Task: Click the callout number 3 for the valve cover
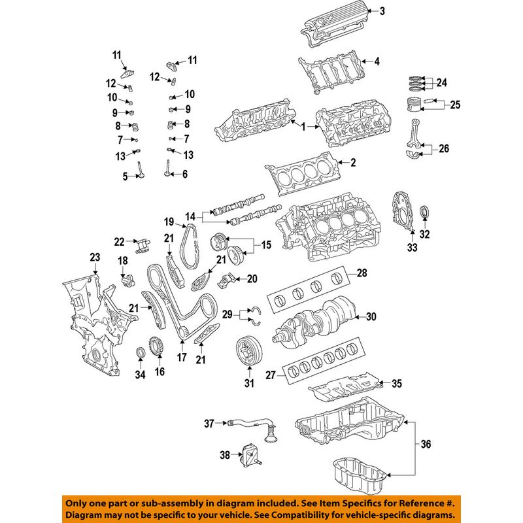click(382, 10)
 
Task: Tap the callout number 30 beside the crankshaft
click(371, 317)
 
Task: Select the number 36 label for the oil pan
click(426, 445)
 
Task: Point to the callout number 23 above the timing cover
click(94, 257)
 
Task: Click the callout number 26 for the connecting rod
click(444, 148)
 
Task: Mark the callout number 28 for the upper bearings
click(362, 272)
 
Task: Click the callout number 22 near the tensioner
click(119, 242)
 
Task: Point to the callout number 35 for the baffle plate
click(397, 383)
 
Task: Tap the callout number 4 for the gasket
click(376, 62)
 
